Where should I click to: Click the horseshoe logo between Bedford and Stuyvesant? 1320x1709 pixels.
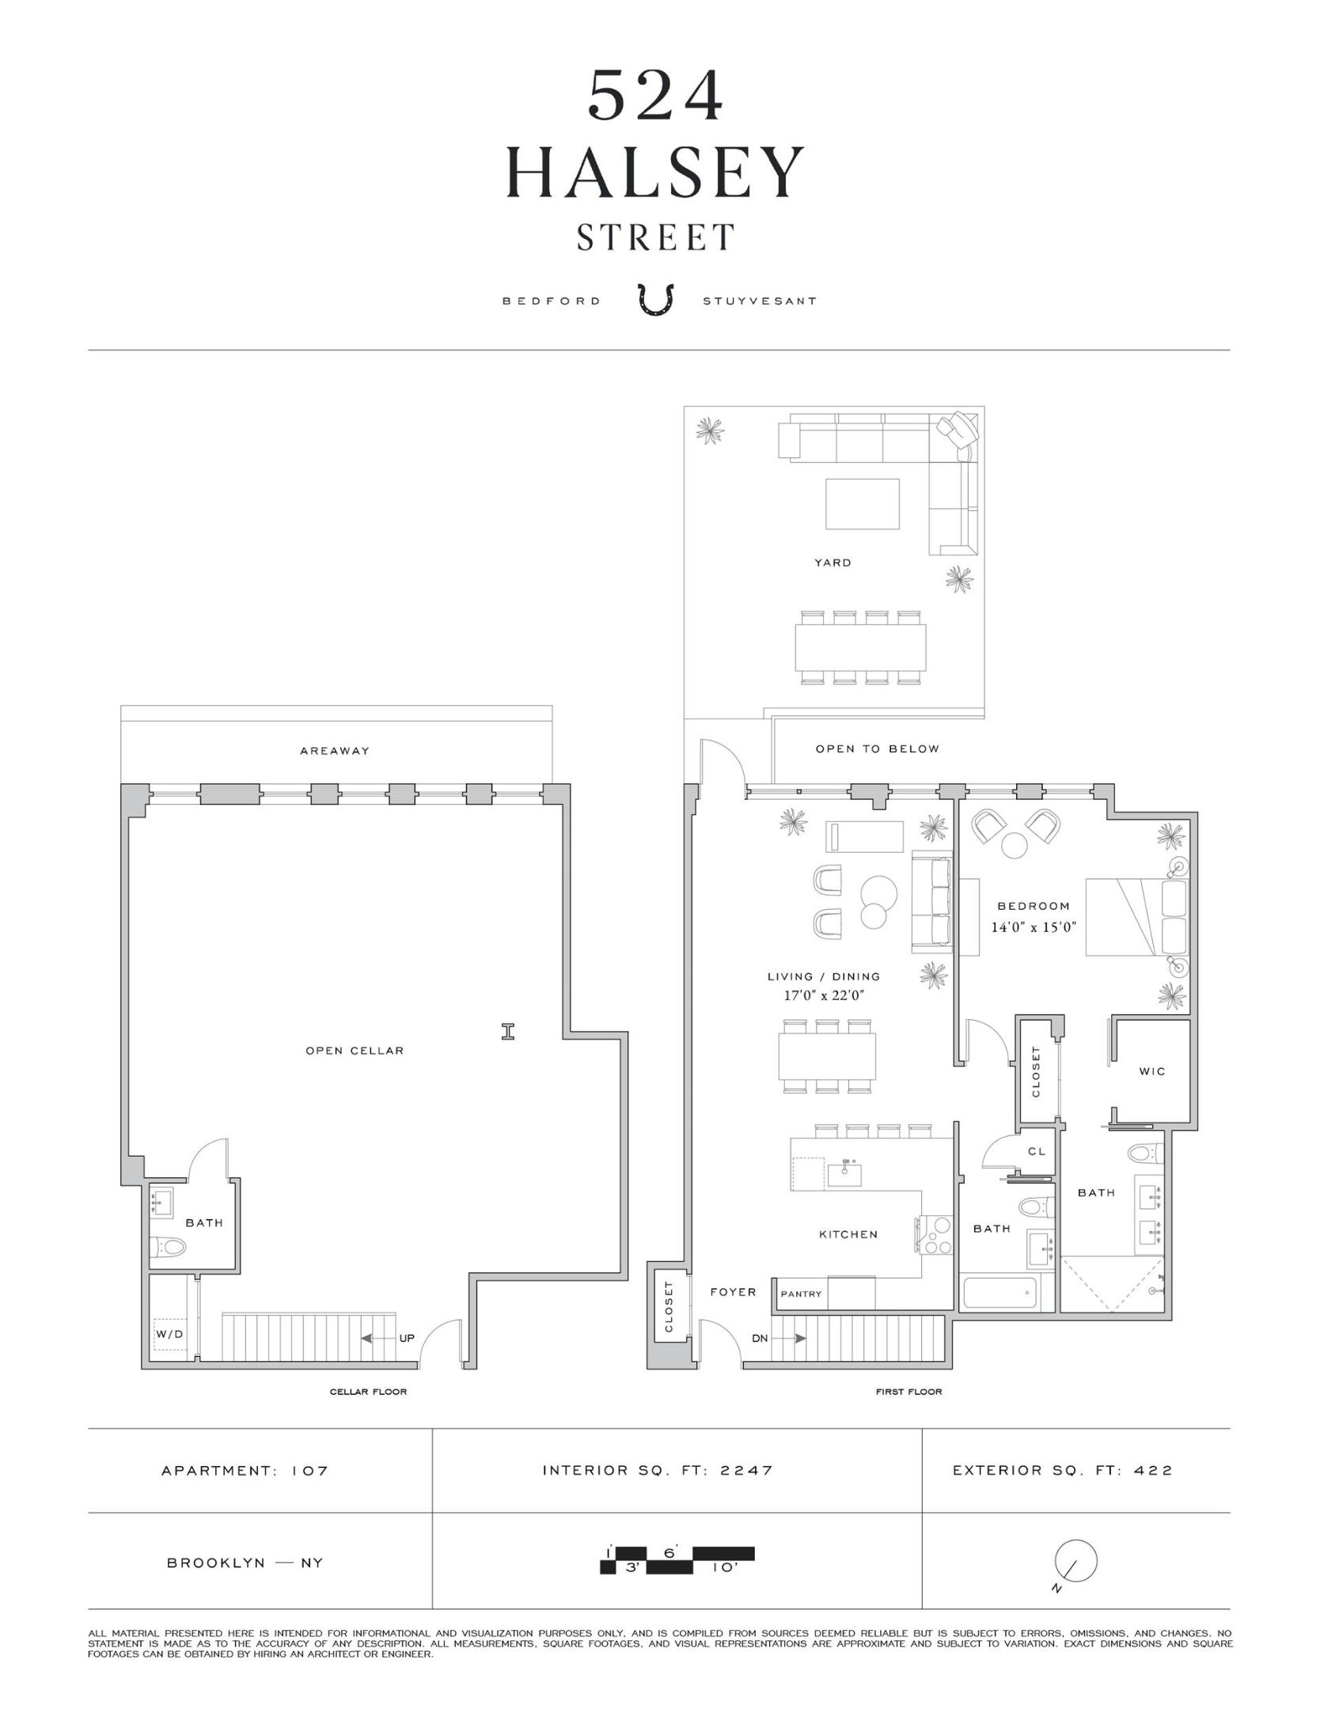[656, 301]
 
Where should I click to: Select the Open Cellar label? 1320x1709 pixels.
[355, 1051]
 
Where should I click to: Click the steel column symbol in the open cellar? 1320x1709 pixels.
[508, 1031]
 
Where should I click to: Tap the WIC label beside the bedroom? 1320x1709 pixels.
[1151, 1071]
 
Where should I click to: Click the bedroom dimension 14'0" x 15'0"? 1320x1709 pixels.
[1034, 927]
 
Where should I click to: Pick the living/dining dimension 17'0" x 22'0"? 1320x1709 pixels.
[823, 995]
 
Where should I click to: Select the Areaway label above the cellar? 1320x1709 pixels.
[335, 751]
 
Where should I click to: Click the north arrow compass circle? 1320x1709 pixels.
[1075, 1561]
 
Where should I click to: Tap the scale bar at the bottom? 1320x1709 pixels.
[677, 1559]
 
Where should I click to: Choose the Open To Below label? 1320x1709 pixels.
[877, 748]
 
